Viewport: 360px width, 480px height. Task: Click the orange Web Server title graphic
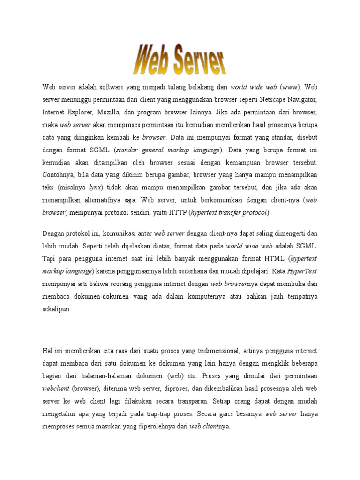pyautogui.click(x=180, y=59)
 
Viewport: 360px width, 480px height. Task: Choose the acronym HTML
pyautogui.click(x=276, y=258)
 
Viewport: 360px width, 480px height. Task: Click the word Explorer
pyautogui.click(x=81, y=112)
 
